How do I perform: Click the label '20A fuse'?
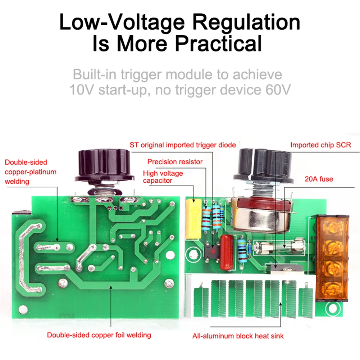coord(319,179)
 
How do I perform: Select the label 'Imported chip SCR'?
coord(320,145)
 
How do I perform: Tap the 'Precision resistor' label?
coord(175,162)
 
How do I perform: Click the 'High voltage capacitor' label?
coord(163,177)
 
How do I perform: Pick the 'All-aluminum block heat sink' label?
coord(237,336)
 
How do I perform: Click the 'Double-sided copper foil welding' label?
coord(99,335)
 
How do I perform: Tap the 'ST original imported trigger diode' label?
coord(183,145)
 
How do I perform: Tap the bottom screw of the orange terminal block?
coord(331,288)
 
